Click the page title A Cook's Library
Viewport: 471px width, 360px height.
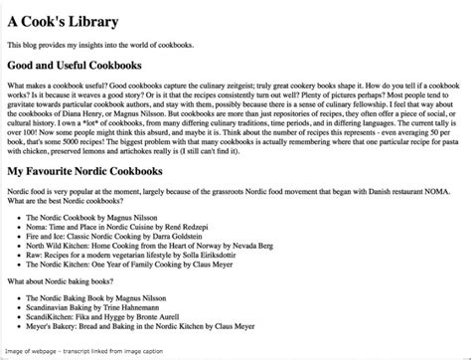(x=62, y=21)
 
